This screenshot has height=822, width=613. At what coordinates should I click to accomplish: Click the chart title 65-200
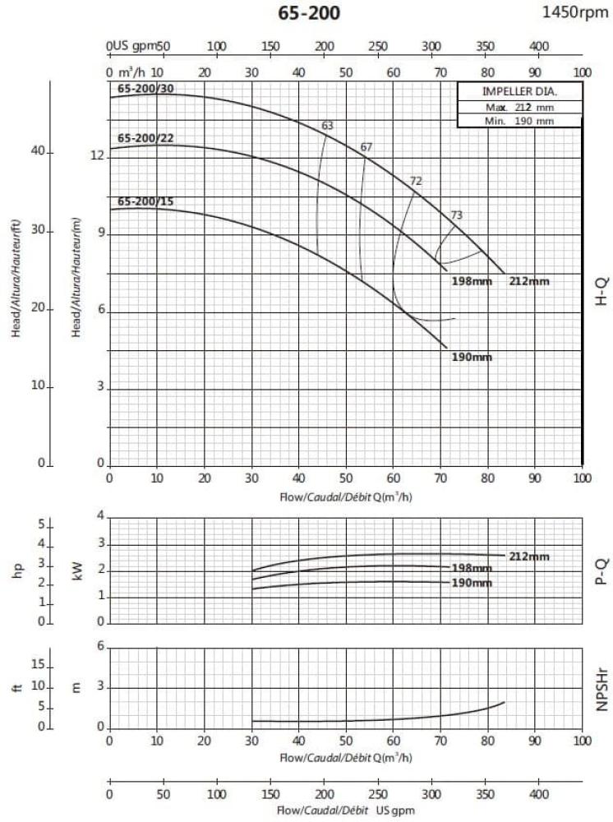309,13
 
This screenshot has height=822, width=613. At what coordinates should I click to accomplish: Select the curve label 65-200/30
146,88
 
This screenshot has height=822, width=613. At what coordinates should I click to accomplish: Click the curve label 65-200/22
146,137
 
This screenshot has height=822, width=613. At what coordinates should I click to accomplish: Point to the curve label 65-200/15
146,201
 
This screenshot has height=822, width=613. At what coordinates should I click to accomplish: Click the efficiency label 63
327,126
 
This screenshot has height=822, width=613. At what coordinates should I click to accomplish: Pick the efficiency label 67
366,147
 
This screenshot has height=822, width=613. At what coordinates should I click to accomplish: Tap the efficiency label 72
416,181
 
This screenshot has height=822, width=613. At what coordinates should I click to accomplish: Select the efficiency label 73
457,215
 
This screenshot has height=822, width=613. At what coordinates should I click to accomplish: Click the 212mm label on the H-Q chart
529,281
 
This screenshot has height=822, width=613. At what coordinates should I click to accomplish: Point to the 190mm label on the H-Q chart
472,357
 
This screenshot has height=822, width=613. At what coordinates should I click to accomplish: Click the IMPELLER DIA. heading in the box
519,91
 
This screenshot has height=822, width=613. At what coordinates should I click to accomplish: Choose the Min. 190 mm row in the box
519,121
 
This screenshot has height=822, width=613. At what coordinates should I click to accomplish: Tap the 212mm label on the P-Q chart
529,556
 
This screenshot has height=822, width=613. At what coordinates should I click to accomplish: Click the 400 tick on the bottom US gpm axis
538,796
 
